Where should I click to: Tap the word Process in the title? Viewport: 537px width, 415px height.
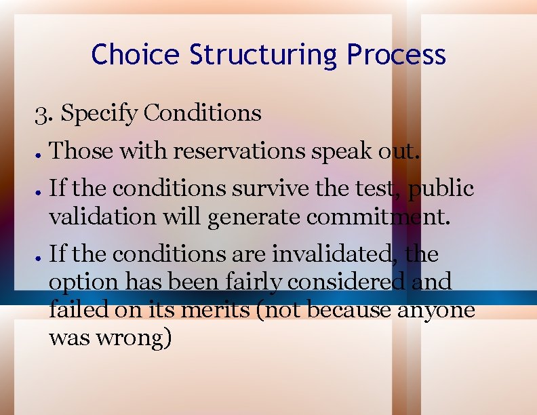(396, 54)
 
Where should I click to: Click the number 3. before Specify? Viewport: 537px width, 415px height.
(44, 113)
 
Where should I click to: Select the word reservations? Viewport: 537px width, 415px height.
(239, 151)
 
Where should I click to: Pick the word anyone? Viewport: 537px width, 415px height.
(437, 311)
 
